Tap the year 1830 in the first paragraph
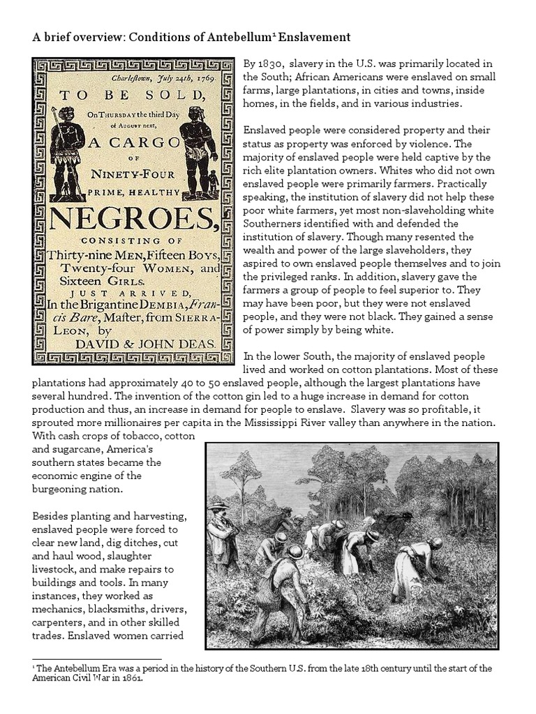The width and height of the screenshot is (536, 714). (271, 64)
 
